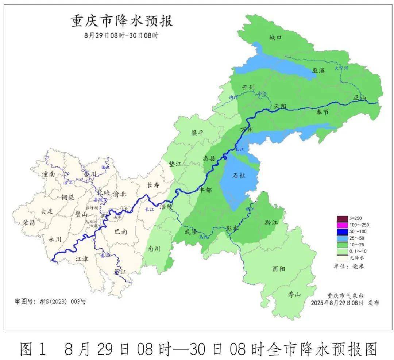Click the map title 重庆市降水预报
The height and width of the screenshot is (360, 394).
pos(122,21)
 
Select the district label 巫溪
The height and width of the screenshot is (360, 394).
pos(318,70)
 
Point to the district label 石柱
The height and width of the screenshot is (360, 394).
pos(239,176)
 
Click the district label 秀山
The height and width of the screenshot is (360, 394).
pos(294,294)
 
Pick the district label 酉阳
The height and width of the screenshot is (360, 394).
pos(279,269)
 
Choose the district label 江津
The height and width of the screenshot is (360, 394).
pos(82,258)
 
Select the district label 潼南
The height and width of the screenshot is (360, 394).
pos(49,175)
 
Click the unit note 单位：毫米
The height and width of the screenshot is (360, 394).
pos(349,266)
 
